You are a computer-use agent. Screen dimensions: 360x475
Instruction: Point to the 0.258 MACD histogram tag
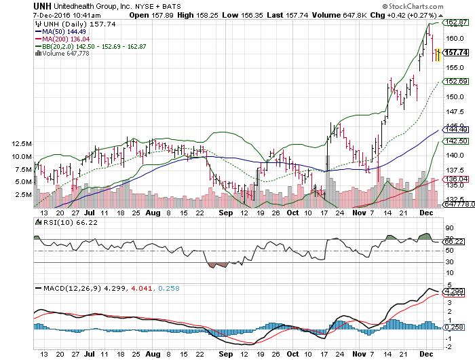453,327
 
